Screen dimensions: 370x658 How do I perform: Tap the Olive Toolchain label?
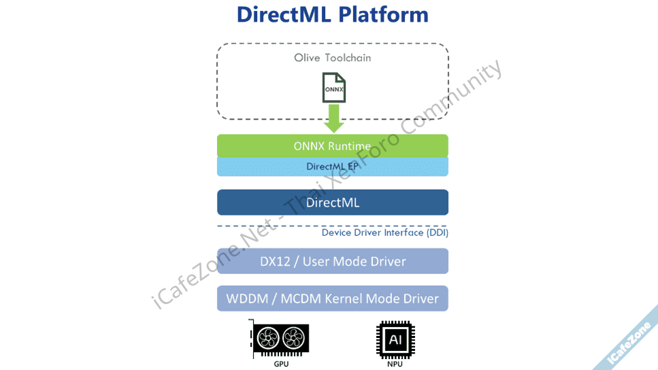point(333,58)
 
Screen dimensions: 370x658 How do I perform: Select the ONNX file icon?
point(333,88)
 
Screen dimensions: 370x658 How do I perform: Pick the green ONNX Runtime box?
point(333,146)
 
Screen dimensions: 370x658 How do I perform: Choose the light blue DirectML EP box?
point(333,167)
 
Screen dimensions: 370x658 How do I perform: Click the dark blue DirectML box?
point(333,202)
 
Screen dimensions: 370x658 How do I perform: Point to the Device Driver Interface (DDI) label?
point(385,233)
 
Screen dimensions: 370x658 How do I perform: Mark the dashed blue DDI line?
point(272,226)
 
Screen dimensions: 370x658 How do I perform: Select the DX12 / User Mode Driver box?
point(333,261)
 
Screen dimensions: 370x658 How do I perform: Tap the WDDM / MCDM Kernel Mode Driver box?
point(333,299)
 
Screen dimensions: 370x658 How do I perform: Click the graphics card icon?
point(280,339)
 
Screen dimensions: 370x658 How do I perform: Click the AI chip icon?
point(395,339)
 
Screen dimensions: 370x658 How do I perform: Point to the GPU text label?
point(281,364)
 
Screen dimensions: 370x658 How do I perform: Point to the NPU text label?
point(395,364)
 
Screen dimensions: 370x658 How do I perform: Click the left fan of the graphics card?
point(267,337)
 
